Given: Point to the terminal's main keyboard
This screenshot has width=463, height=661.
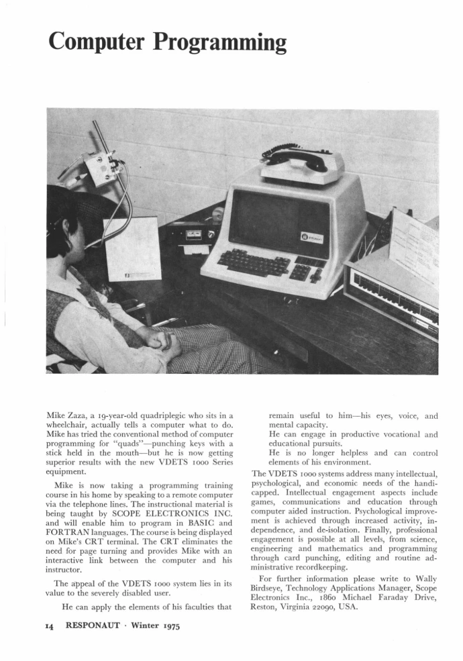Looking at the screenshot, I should point(254,262).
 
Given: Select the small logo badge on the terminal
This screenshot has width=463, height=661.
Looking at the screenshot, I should point(315,237).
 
